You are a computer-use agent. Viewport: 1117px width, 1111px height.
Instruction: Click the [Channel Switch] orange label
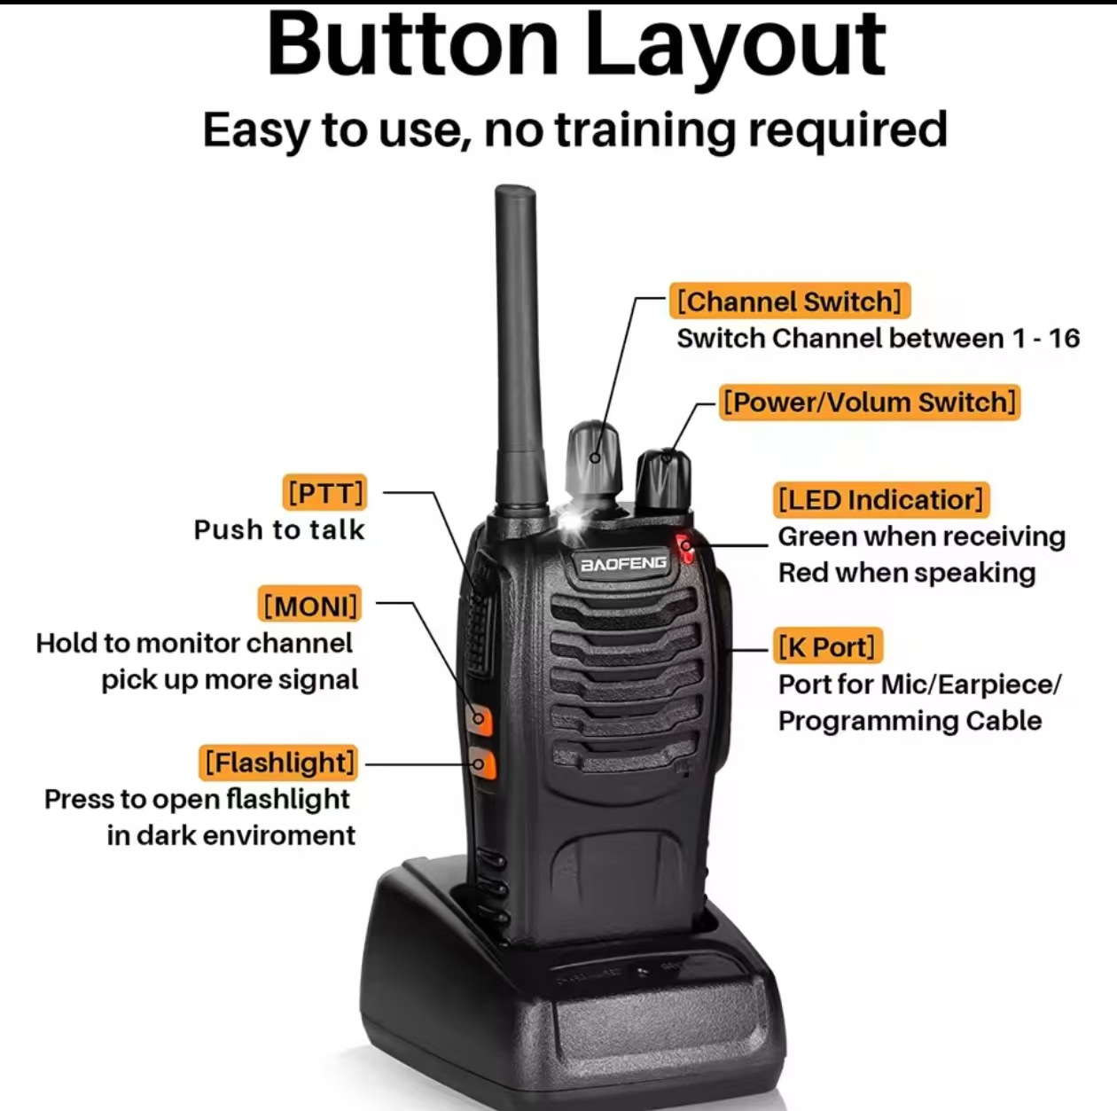(x=789, y=301)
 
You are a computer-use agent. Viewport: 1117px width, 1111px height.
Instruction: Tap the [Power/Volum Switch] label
(x=869, y=402)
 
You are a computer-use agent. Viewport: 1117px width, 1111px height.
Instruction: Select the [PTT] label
(x=324, y=492)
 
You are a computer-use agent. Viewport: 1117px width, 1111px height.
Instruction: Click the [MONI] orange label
(x=310, y=606)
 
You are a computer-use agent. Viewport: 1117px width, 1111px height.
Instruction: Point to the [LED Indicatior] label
(x=880, y=499)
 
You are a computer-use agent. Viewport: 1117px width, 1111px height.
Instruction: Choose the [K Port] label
(x=825, y=646)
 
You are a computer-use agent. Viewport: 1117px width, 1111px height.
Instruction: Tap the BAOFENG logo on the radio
(x=623, y=564)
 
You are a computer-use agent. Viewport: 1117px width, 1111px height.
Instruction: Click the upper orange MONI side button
(x=480, y=717)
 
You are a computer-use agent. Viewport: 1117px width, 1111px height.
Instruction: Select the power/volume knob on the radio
(x=662, y=482)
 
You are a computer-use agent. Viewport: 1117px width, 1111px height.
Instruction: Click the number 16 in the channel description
(x=1063, y=339)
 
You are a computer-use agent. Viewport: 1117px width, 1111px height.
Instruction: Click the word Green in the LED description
(x=816, y=536)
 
